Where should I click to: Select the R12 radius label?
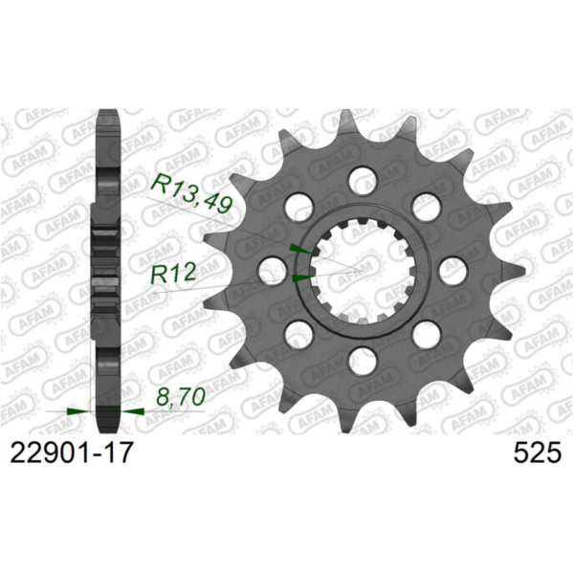coord(173,274)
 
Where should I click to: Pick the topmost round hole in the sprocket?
coord(362,178)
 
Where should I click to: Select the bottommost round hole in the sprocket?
coord(362,361)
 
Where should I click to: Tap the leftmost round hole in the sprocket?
coord(271,269)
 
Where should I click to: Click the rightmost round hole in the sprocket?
coord(453,269)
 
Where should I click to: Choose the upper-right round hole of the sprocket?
coord(426,205)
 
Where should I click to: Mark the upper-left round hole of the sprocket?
coord(298,205)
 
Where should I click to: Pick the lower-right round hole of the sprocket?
coord(426,334)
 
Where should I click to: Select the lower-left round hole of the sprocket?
coord(298,334)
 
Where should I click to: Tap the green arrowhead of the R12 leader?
coord(302,278)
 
